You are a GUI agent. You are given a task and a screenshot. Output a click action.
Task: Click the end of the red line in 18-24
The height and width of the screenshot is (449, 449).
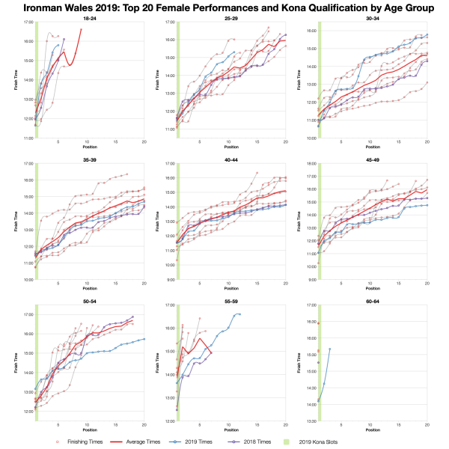tap(82, 29)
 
